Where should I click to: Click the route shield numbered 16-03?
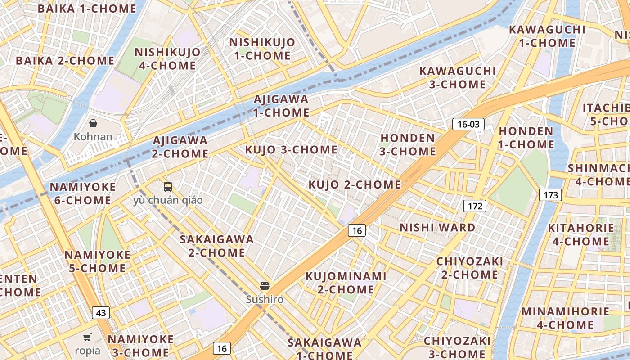(468, 124)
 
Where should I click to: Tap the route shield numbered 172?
(475, 206)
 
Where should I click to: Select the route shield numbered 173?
(550, 195)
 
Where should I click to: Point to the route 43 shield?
(101, 313)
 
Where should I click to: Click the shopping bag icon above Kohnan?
(93, 123)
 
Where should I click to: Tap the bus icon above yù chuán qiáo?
(168, 187)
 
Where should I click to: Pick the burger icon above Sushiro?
(265, 286)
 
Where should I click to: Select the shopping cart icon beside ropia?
(87, 337)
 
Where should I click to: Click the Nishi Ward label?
(437, 228)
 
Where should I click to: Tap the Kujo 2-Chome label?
(355, 184)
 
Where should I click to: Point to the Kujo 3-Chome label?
(291, 149)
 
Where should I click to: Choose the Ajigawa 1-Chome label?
(281, 106)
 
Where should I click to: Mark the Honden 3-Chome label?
(408, 144)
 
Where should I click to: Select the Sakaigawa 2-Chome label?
(217, 246)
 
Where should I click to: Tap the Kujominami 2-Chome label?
(346, 283)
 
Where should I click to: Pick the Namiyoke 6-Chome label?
(82, 193)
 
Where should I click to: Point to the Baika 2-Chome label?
(65, 61)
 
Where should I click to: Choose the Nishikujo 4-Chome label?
(167, 58)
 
